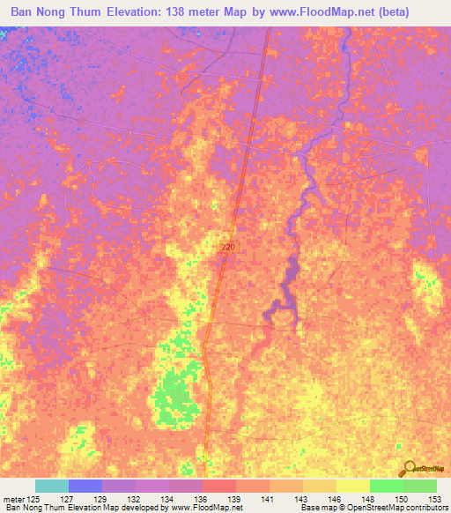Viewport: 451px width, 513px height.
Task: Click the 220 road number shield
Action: pyautogui.click(x=227, y=249)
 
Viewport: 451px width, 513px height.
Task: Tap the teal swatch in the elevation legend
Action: pyautogui.click(x=51, y=486)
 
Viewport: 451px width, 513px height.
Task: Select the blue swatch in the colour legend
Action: pyautogui.click(x=85, y=486)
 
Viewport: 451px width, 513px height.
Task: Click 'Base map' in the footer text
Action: pyautogui.click(x=318, y=508)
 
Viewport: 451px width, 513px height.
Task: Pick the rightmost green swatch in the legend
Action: pyautogui.click(x=419, y=486)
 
